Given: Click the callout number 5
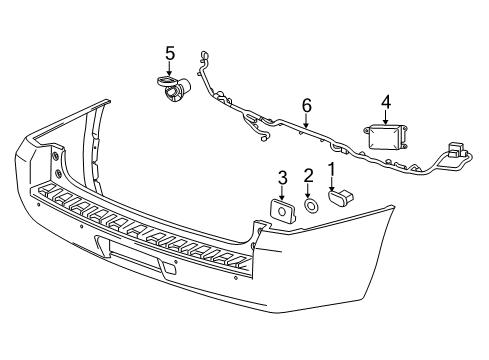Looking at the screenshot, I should coord(169,52).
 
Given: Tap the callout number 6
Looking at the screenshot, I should coord(307,104).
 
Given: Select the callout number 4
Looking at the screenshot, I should coord(385,99).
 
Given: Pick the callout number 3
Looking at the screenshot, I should coord(282,178).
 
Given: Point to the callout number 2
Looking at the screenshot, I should coord(308,176).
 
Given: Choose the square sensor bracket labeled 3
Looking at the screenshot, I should coord(281,211).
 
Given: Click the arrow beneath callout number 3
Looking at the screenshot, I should coord(282,191).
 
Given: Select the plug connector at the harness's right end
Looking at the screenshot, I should coord(461,154).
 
